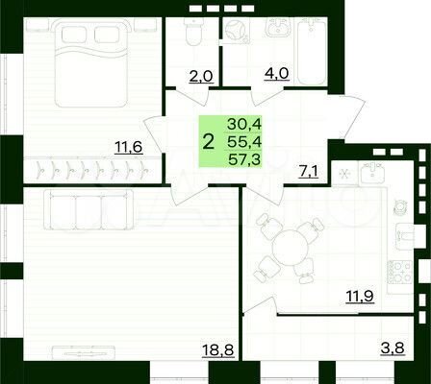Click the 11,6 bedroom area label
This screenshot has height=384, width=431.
tap(120, 145)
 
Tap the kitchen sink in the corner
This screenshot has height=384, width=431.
tap(373, 168)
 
